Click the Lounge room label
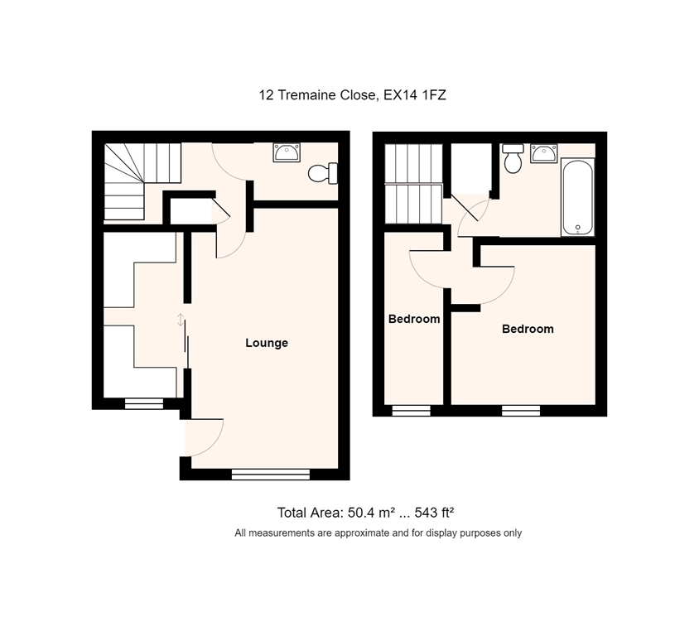click(267, 343)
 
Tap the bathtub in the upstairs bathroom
click(578, 197)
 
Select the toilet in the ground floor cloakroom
click(323, 173)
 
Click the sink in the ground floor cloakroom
click(287, 152)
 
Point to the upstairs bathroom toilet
click(513, 158)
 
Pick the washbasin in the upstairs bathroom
click(544, 153)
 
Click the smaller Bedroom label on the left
click(414, 319)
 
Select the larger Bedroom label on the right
click(528, 329)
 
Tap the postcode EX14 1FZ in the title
click(415, 95)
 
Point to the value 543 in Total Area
click(427, 513)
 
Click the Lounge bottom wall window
click(271, 475)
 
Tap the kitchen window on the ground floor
click(144, 403)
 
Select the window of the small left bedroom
click(412, 411)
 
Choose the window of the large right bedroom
click(521, 411)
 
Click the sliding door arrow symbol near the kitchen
click(180, 320)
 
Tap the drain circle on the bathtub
click(578, 228)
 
